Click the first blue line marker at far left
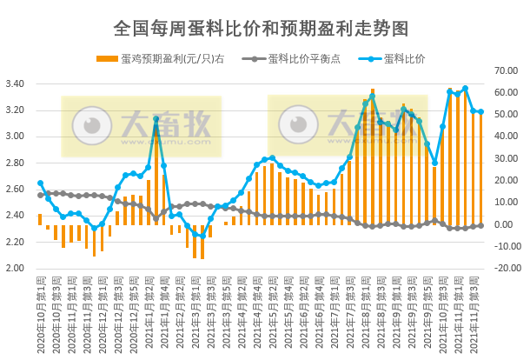coord(40,183)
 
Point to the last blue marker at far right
coord(480,111)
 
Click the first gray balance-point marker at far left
coord(40,195)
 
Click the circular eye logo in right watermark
coord(297,127)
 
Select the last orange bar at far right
coord(480,169)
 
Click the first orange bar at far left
coord(40,219)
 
